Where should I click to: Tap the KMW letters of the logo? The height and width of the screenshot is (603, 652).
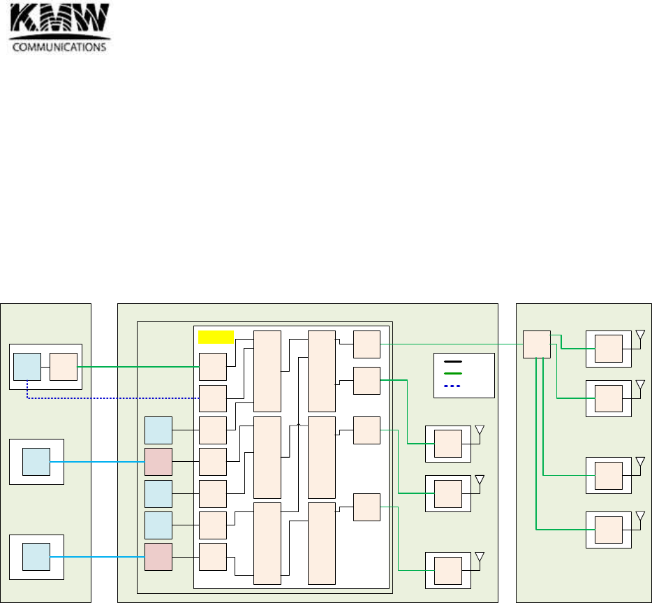tap(59, 20)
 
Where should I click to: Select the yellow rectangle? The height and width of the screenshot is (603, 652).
tap(216, 337)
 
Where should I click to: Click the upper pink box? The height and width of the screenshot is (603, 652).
tap(158, 461)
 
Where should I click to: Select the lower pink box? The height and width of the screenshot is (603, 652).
tap(158, 556)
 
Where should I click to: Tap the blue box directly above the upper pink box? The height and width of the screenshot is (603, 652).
tap(158, 430)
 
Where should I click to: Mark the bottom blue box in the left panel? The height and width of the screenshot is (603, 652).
tap(36, 556)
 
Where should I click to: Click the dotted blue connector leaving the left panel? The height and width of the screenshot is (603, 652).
tap(112, 398)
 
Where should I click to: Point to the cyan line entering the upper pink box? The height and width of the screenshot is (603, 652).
tap(98, 461)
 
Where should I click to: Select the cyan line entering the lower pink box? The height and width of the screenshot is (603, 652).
tap(98, 556)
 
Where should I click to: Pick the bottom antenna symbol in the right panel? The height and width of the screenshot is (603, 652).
tap(639, 517)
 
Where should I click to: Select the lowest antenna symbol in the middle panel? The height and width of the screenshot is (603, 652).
tap(479, 558)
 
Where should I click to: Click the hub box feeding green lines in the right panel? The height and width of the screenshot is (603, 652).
tap(537, 344)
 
